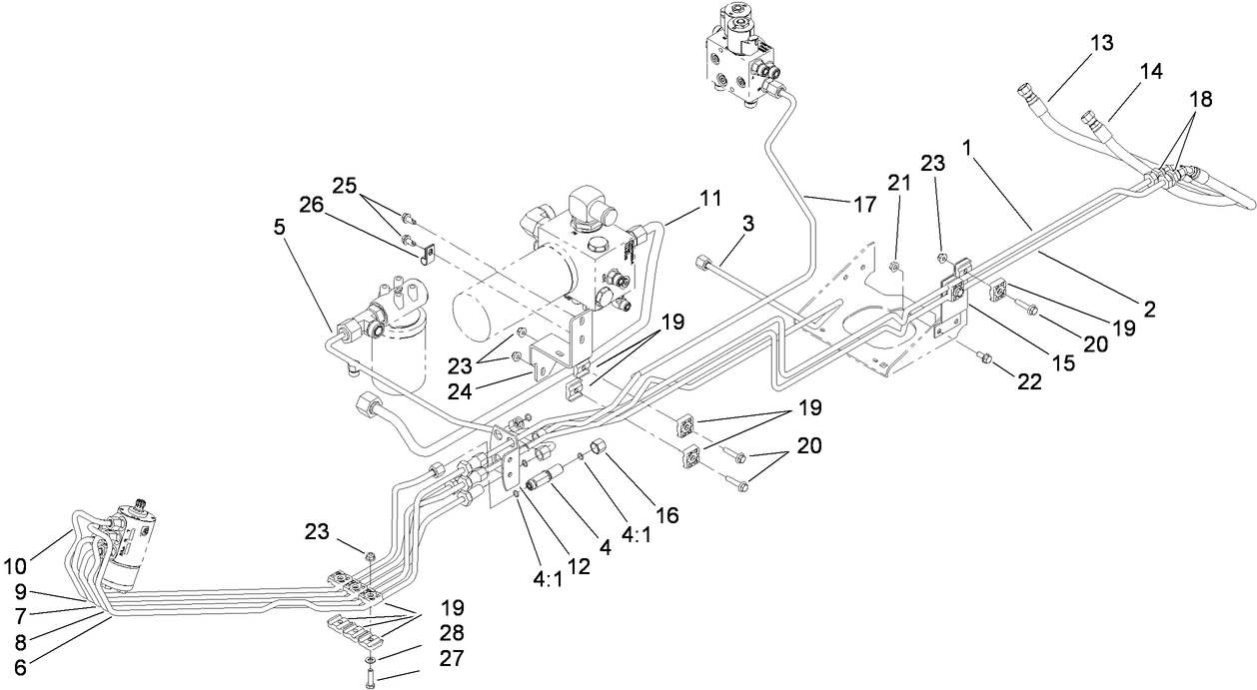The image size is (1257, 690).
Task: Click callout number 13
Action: tap(1101, 43)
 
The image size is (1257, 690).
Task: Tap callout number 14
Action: tap(1152, 71)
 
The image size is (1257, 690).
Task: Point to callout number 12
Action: tap(581, 566)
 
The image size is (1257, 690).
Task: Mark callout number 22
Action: tap(1028, 381)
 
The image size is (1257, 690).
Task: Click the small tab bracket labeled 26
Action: tap(427, 257)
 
